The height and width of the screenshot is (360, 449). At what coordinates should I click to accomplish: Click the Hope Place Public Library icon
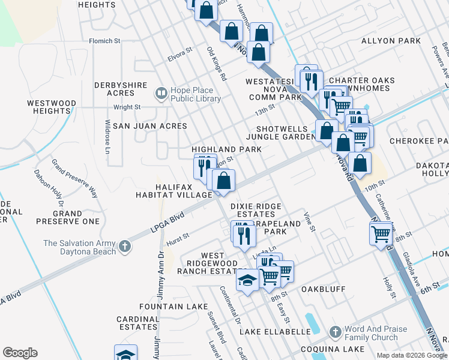coord(161,93)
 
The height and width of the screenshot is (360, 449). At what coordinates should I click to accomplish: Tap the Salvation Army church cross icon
coord(124,246)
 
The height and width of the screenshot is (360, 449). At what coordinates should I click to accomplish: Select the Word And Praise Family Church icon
coord(334,332)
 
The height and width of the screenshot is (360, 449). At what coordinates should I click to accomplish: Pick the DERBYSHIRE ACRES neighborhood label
coord(121,89)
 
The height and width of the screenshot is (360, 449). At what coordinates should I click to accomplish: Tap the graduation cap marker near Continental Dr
coord(247,280)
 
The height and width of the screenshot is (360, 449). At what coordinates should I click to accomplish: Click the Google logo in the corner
coord(20,353)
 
